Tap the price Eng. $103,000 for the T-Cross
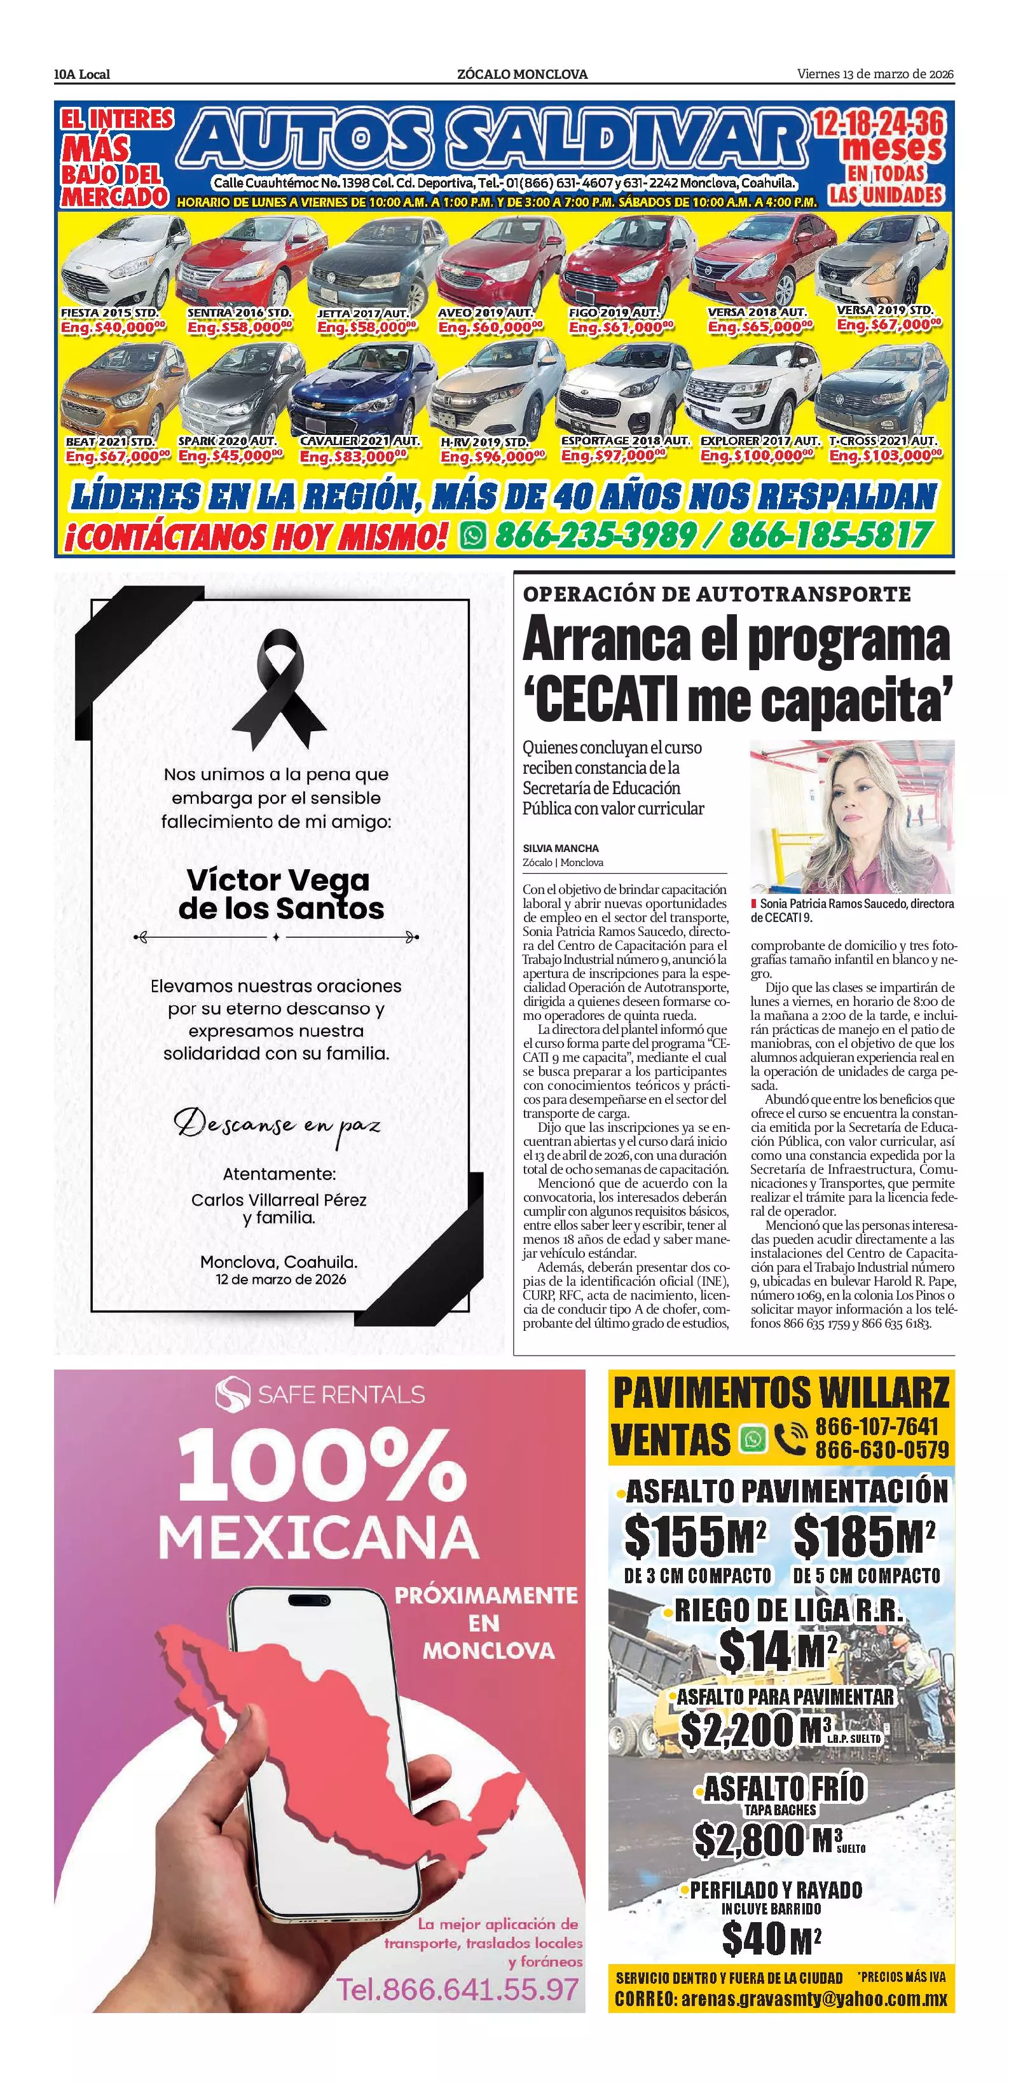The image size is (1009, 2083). click(x=885, y=456)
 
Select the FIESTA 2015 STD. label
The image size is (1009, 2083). click(x=110, y=312)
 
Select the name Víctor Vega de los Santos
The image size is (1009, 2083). click(x=280, y=893)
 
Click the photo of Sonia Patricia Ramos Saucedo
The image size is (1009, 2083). click(x=851, y=816)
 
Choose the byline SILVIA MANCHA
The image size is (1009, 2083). click(x=560, y=848)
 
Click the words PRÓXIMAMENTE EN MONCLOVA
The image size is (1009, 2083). click(x=486, y=1622)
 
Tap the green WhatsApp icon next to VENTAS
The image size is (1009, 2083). click(x=753, y=1438)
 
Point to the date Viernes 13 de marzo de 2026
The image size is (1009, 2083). click(x=875, y=74)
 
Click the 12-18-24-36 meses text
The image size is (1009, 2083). click(x=879, y=136)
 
